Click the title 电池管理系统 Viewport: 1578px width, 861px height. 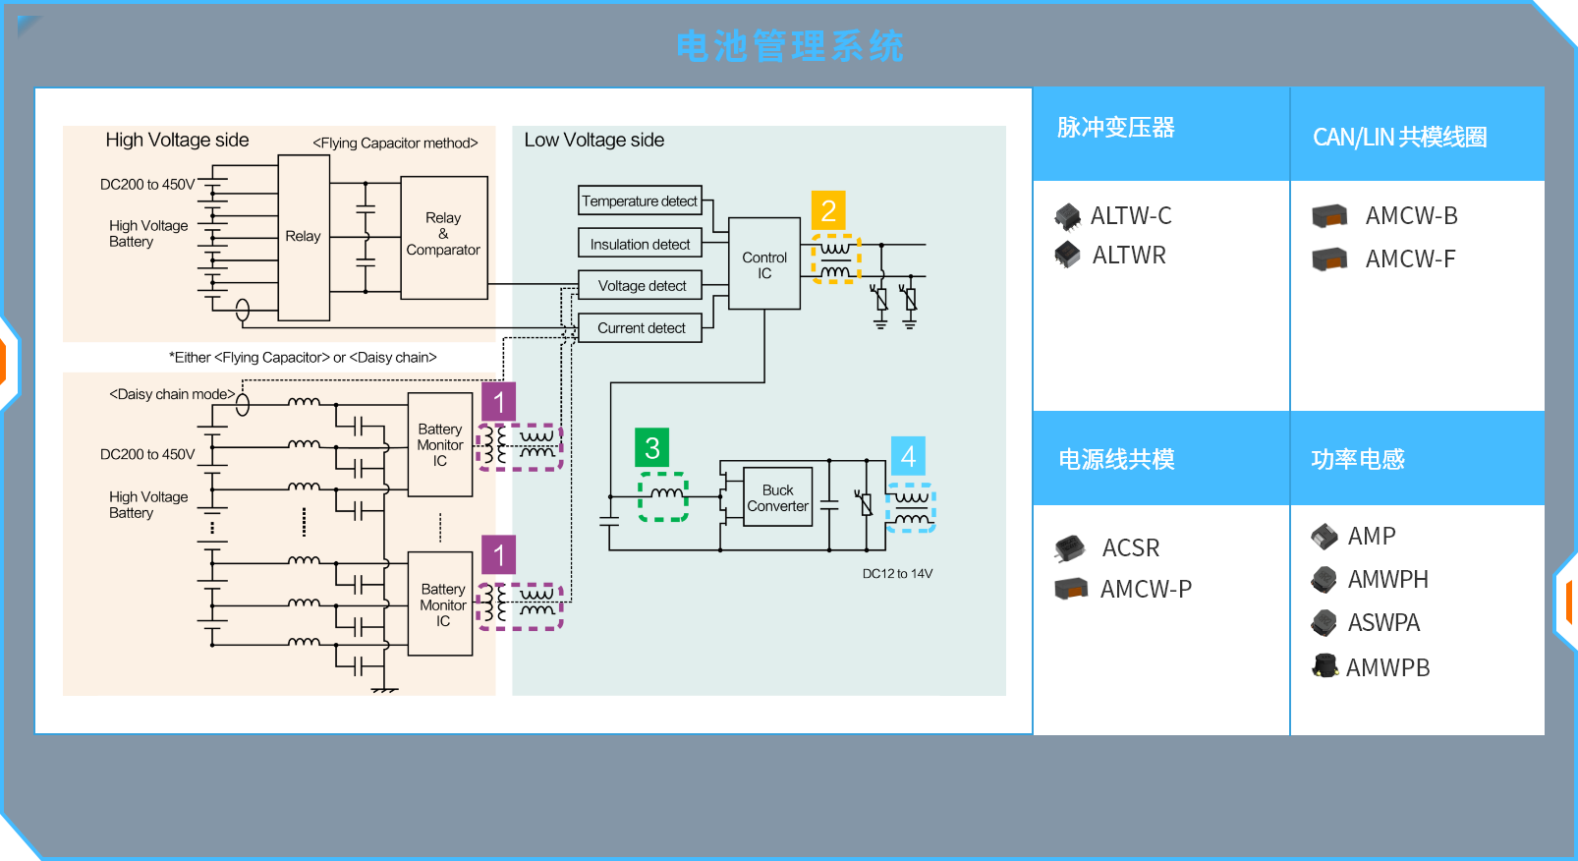(x=789, y=46)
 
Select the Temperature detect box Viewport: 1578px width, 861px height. (x=640, y=201)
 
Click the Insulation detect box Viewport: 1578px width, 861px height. (x=640, y=244)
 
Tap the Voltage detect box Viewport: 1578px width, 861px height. (x=641, y=286)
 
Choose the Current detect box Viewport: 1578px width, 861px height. (x=641, y=328)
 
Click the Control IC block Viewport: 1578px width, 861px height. (x=764, y=264)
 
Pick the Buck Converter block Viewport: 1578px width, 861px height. (x=777, y=497)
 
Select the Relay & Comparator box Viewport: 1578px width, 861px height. (x=443, y=237)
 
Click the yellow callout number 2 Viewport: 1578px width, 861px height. (x=828, y=210)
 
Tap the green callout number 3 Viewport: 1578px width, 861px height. (x=651, y=448)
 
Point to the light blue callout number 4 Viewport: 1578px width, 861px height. (x=908, y=456)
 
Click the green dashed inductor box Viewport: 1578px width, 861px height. (x=663, y=496)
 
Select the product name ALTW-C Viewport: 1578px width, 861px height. (x=1131, y=216)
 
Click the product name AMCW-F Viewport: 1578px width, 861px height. (x=1410, y=259)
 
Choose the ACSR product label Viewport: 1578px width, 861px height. (x=1130, y=548)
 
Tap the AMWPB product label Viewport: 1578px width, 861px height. (x=1387, y=668)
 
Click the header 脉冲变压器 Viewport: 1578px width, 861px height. (x=1115, y=128)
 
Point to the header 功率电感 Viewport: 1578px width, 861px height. (x=1357, y=460)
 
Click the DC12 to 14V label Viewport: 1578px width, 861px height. (x=897, y=574)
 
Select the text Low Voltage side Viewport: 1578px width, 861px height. (x=593, y=141)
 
